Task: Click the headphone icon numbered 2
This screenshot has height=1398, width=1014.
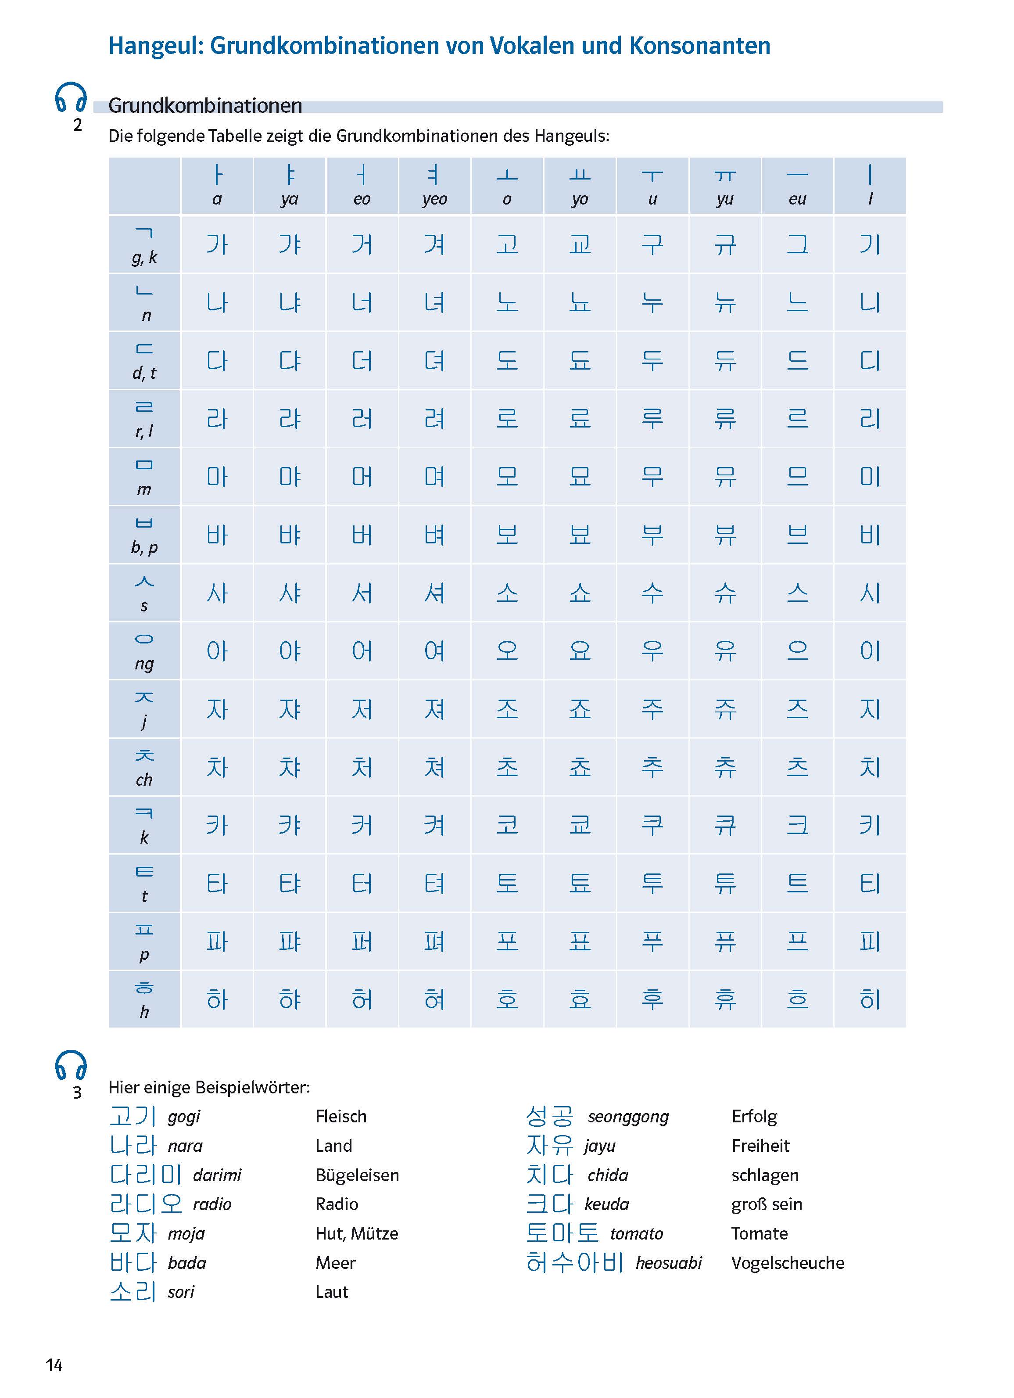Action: [71, 97]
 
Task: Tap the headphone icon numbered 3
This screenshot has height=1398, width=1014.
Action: [71, 1065]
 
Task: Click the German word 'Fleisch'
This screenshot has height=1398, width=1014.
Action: [340, 1116]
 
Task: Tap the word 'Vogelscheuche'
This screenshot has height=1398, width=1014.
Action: [787, 1262]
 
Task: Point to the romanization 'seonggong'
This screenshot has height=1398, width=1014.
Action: [628, 1116]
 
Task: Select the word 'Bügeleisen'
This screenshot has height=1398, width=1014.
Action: [357, 1175]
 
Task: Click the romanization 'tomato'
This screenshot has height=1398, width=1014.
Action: [636, 1233]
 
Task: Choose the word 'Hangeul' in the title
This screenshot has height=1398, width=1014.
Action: [155, 46]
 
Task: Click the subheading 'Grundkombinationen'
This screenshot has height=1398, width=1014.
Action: [205, 105]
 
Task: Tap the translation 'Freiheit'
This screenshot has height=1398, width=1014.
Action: [760, 1145]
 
